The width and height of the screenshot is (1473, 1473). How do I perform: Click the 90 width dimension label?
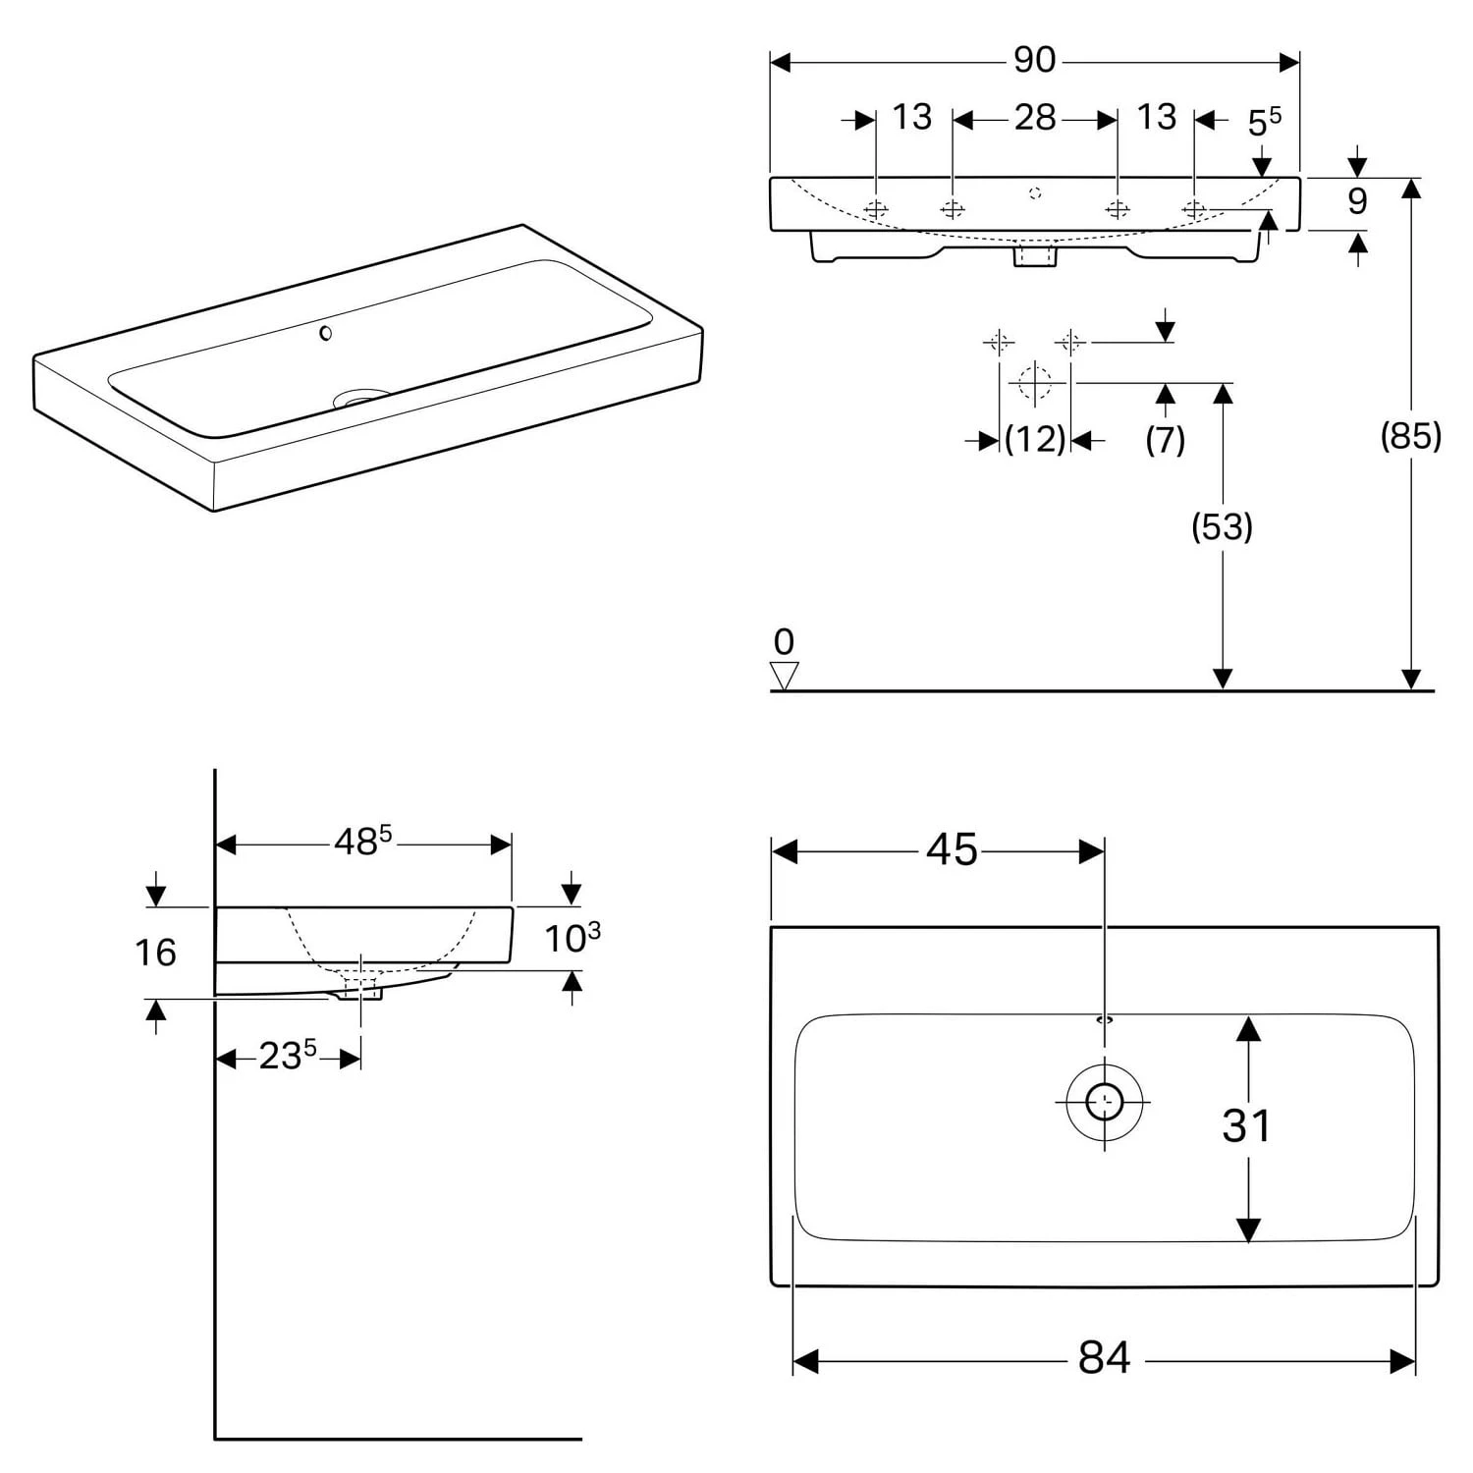[1034, 61]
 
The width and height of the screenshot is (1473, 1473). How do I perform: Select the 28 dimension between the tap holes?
[1035, 118]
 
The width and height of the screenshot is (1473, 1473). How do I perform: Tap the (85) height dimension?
[1410, 435]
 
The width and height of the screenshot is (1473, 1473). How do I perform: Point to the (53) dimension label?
[1222, 527]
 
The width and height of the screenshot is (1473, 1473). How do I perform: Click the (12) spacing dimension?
[1035, 439]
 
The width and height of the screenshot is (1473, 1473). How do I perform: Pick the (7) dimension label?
[1165, 439]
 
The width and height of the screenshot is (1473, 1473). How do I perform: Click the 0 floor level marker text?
[784, 642]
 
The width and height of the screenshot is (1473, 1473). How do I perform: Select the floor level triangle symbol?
[784, 676]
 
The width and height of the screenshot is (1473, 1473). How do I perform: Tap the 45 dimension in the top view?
[952, 850]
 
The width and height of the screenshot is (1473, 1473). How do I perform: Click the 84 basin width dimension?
[1104, 1358]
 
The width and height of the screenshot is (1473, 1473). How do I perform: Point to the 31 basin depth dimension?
[1246, 1125]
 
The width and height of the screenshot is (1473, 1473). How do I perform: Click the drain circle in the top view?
[1106, 1101]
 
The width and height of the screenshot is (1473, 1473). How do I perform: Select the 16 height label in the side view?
[155, 953]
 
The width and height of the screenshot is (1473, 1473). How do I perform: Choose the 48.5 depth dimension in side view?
[362, 842]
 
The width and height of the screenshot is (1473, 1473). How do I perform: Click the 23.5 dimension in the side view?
[287, 1057]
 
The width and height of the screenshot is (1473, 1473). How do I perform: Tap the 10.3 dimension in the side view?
[573, 938]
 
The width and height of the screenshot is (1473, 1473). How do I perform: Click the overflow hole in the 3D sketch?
[326, 333]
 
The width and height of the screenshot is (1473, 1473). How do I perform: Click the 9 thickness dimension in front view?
[1357, 201]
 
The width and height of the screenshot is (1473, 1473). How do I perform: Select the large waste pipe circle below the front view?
[1035, 381]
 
